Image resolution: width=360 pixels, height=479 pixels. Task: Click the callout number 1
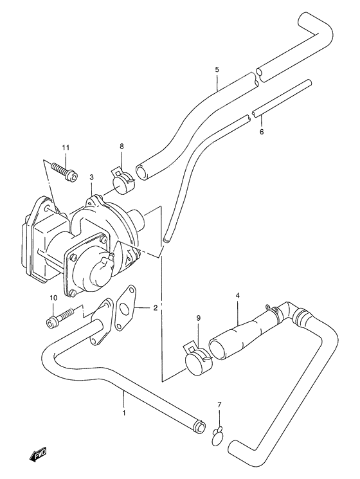[x=124, y=413]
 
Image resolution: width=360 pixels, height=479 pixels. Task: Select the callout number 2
[x=155, y=307]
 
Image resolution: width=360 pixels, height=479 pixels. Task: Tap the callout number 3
[x=91, y=177]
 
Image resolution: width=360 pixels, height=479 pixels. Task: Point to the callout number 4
[x=238, y=295]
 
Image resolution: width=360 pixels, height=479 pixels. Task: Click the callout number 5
[x=217, y=69]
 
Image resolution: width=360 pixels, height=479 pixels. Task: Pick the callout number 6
[x=262, y=132]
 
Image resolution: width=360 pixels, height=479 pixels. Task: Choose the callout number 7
[x=219, y=405]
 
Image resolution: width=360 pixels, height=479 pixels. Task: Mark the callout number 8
[x=122, y=147]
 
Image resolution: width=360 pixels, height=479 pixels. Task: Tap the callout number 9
[x=198, y=318]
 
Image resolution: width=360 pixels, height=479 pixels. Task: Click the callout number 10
[x=53, y=298]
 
